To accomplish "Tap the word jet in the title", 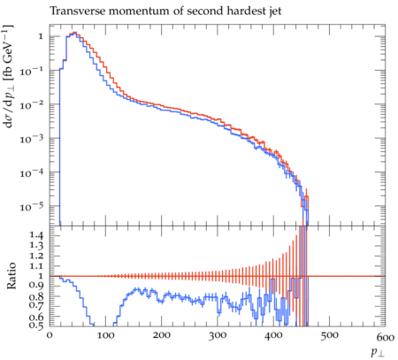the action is click(x=274, y=11).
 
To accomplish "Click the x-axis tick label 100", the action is click(x=104, y=336).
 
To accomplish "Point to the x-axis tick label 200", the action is click(x=161, y=336).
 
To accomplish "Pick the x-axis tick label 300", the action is click(x=217, y=336).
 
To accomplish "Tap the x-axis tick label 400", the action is click(x=272, y=336).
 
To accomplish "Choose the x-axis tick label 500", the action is click(x=329, y=336).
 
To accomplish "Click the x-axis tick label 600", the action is click(x=385, y=337).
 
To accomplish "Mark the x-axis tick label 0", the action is click(x=50, y=336).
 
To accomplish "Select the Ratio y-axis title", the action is click(x=11, y=276).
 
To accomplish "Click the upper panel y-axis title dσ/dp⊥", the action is click(x=9, y=77).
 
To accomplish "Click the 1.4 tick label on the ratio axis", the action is click(x=36, y=235).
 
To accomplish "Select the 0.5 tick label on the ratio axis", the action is click(x=36, y=326).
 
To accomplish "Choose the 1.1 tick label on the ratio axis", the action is click(x=36, y=265).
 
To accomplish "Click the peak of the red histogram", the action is click(x=75, y=33).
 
